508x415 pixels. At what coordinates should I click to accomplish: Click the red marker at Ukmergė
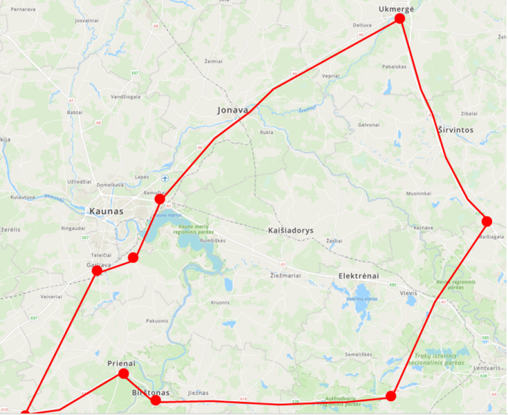tap(399, 19)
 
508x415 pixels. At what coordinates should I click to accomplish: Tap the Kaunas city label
tap(107, 211)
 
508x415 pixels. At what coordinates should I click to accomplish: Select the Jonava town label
tap(233, 110)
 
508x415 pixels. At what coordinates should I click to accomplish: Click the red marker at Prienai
tap(123, 373)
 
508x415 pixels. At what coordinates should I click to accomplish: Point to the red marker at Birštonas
tap(156, 400)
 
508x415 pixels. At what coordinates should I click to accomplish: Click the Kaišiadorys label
tap(291, 230)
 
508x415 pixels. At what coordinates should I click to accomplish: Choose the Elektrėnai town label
tap(359, 276)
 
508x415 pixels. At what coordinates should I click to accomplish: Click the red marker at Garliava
tap(97, 270)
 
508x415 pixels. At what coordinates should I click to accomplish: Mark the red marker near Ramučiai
tap(160, 199)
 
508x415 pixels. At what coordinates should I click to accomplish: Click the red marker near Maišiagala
tap(487, 221)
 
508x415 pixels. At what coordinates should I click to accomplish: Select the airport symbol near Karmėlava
tap(164, 178)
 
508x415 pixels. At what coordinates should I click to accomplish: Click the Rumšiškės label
tap(212, 240)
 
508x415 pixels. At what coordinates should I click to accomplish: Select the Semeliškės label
tap(359, 355)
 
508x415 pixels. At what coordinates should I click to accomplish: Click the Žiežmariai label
tap(284, 275)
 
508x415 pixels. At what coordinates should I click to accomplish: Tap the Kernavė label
tap(423, 228)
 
